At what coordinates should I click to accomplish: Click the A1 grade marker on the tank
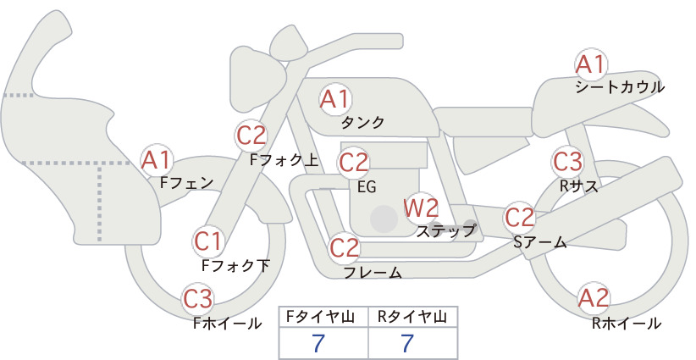pos(335,99)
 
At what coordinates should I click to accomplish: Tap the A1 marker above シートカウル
pos(591,65)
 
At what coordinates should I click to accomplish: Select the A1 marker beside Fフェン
pos(156,160)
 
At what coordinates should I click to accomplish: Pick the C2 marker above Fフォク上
pos(251,136)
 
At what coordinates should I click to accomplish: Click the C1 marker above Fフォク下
pos(208,242)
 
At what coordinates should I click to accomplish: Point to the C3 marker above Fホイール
pos(198,299)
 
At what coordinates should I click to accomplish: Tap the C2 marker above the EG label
pos(353,163)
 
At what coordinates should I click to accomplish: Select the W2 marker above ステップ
pos(421,208)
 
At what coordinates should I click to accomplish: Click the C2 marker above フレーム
pos(345,247)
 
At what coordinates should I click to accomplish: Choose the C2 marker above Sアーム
pos(519,218)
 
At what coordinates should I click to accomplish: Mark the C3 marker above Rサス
pos(567,162)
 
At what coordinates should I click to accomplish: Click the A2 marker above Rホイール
pos(594,298)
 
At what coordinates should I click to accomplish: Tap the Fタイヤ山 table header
pos(320,317)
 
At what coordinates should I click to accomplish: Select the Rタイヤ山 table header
pos(412,317)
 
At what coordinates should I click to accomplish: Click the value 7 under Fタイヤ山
pos(318,343)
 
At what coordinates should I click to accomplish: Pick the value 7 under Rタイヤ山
pos(407,343)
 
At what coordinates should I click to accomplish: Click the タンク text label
pos(362,123)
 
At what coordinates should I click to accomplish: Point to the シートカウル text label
pos(620,87)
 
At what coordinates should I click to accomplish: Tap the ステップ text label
pos(445,231)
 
